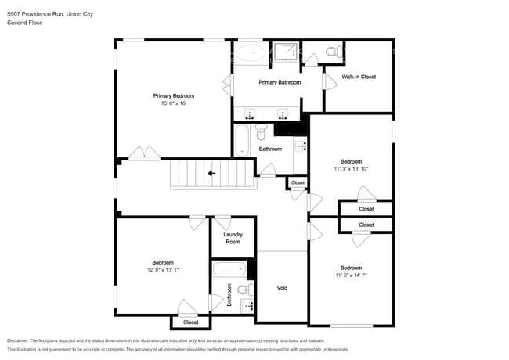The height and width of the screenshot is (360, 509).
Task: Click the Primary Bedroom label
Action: [174, 96]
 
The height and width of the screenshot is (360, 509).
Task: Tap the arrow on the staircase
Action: [211, 174]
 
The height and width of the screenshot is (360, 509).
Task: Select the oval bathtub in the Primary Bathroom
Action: [251, 53]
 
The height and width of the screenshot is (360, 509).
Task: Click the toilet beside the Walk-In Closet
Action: [334, 51]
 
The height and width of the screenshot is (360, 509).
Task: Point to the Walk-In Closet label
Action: [359, 77]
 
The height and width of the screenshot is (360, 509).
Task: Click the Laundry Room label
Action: [233, 238]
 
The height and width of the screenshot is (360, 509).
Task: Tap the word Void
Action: [282, 288]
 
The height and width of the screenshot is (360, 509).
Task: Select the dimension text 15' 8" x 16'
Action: [174, 103]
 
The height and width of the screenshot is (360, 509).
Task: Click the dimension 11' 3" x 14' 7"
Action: [351, 275]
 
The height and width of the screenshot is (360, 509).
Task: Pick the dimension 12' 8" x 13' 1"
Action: [163, 270]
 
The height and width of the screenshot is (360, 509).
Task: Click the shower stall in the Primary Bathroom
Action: [285, 52]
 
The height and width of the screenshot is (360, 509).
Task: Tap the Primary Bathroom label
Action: [280, 82]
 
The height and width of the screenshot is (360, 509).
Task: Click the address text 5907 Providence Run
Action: [35, 14]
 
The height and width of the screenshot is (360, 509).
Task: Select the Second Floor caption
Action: [24, 23]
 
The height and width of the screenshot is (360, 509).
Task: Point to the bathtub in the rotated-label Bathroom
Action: [229, 269]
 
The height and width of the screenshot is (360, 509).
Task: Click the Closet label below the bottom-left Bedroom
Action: [191, 322]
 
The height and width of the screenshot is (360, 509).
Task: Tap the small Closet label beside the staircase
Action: [298, 182]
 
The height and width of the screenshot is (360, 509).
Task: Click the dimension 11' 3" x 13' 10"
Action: [351, 169]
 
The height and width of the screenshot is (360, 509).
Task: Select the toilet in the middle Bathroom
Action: [262, 132]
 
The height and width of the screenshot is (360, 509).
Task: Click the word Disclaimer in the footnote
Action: [18, 341]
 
